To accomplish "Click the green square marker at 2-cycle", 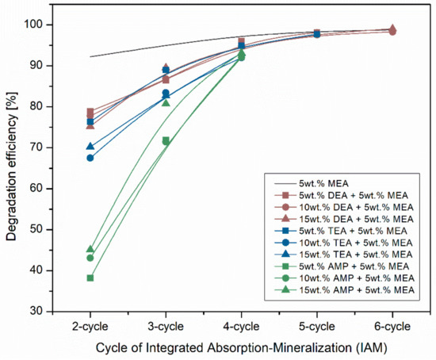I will (90, 278).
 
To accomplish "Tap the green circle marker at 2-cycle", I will (90, 258).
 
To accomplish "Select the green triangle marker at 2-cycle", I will (90, 250).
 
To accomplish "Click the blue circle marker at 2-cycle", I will (90, 158).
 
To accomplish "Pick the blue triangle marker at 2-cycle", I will (90, 147).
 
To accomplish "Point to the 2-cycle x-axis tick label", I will (90, 325).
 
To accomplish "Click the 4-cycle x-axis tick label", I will (242, 325).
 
